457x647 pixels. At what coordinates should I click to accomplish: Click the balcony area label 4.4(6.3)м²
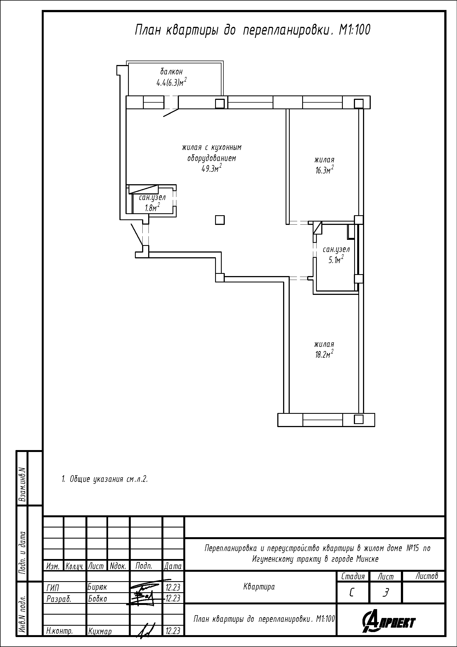pos(172,82)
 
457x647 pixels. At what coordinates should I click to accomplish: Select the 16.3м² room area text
pos(324,170)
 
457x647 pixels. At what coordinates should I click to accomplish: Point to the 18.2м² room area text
pos(324,354)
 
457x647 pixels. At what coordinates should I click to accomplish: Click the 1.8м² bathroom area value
pos(152,207)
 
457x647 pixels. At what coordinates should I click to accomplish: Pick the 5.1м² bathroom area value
pos(336,259)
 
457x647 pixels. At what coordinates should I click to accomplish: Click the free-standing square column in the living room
pos(220,220)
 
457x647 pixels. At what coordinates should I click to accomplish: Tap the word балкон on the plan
pos(171,72)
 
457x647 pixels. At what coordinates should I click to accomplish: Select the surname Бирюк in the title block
pos(97,587)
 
